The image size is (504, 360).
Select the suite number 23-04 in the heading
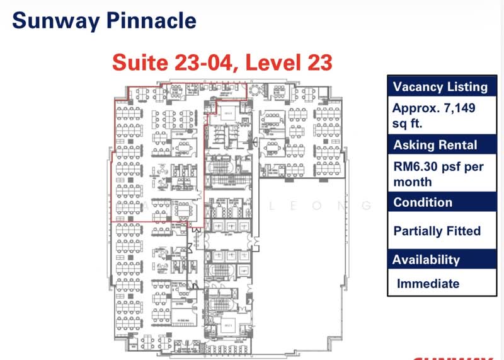[202, 62]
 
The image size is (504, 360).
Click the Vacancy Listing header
[440, 87]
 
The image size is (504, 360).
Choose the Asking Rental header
[435, 145]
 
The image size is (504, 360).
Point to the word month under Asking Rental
[413, 182]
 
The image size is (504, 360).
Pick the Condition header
[423, 202]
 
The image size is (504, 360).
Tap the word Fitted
[465, 231]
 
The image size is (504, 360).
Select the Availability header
[426, 260]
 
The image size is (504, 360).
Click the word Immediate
[428, 284]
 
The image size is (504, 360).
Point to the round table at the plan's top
[254, 90]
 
